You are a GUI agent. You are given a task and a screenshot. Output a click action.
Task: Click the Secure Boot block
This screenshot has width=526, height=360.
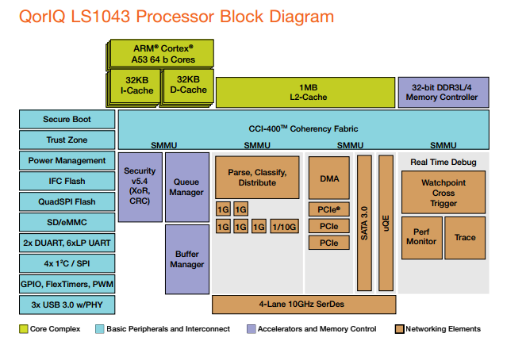click(67, 120)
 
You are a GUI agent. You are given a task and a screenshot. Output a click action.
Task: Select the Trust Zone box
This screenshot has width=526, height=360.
click(67, 140)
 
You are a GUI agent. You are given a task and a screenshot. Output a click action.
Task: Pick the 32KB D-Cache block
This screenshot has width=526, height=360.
click(187, 86)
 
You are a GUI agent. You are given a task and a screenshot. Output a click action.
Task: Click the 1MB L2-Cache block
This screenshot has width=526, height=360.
click(305, 92)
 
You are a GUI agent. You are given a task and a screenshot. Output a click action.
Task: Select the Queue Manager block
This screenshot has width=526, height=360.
click(187, 186)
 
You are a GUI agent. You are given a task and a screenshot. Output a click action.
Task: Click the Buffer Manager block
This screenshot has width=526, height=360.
click(187, 259)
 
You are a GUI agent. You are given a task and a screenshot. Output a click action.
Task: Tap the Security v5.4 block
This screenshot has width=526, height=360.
click(140, 186)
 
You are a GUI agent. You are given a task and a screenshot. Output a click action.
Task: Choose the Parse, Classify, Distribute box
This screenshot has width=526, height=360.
click(256, 178)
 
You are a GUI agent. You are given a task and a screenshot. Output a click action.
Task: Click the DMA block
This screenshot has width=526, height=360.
click(329, 178)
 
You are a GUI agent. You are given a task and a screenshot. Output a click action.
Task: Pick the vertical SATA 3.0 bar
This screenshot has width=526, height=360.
click(365, 223)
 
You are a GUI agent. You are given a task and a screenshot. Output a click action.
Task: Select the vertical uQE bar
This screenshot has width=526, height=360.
click(386, 223)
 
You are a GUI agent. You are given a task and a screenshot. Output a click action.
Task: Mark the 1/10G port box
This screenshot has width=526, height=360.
click(284, 227)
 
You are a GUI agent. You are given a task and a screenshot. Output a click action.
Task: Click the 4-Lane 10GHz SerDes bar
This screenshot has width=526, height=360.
click(304, 304)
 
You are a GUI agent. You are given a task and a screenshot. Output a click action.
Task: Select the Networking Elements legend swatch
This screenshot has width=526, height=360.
click(399, 329)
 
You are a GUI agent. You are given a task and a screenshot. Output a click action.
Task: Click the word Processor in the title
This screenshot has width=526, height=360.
click(151, 16)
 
